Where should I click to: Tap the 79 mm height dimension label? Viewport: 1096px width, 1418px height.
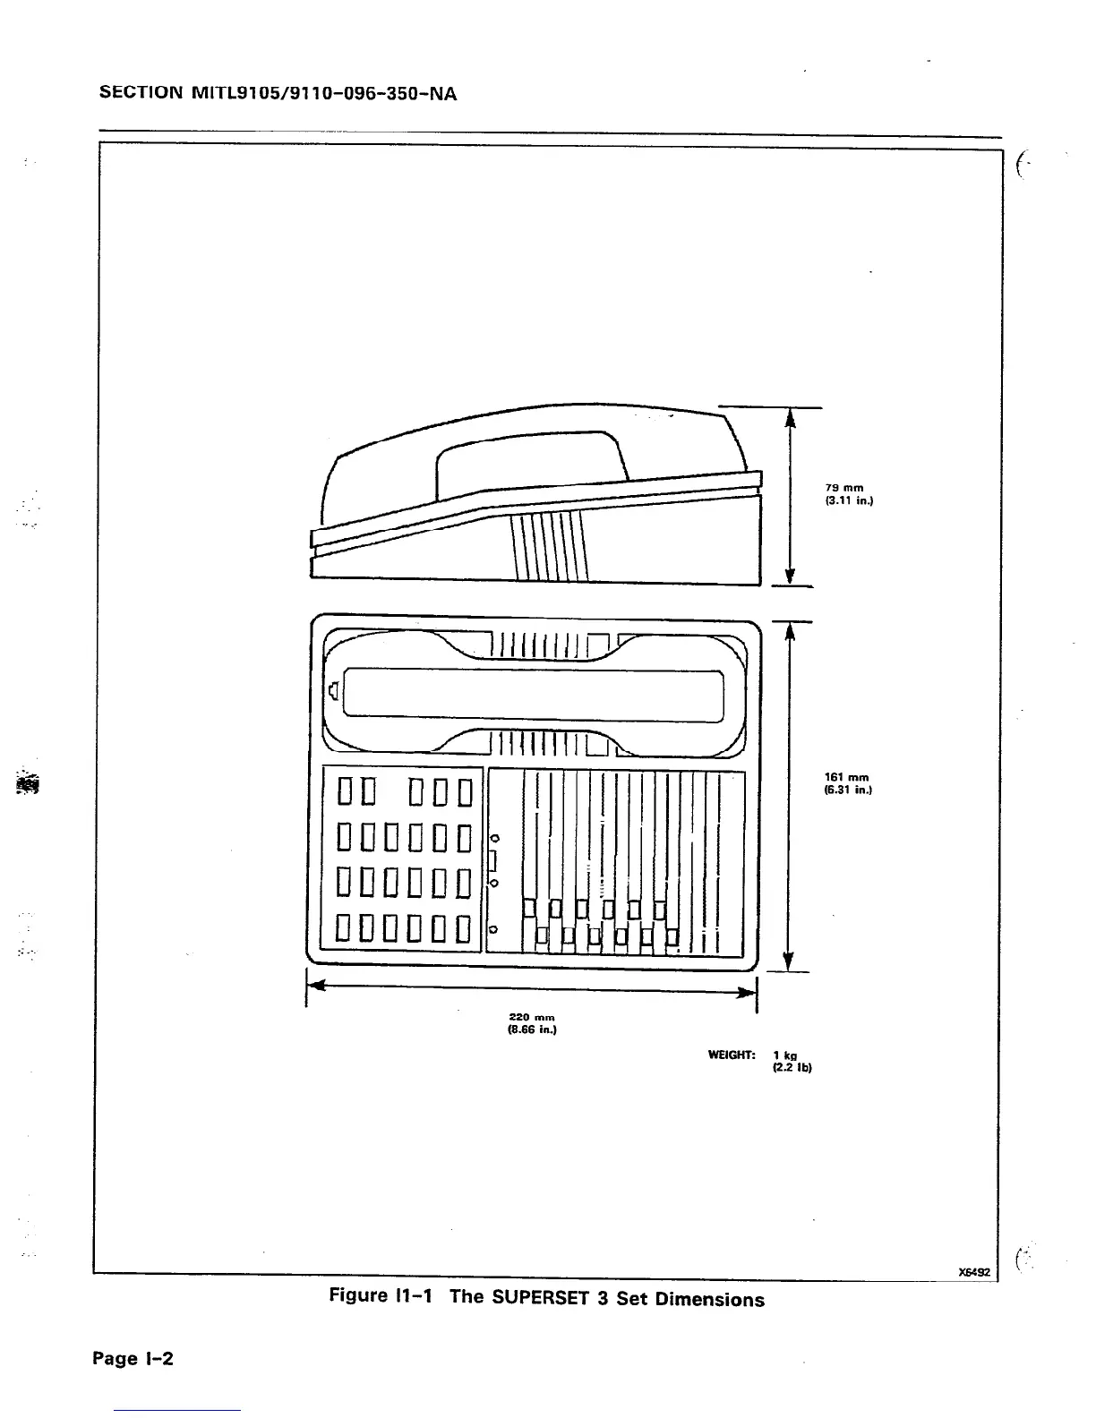(x=843, y=488)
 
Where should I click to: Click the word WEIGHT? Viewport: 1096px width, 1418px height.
(x=731, y=1055)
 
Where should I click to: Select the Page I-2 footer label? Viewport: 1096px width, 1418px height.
(x=133, y=1359)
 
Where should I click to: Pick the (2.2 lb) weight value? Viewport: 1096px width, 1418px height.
(x=792, y=1068)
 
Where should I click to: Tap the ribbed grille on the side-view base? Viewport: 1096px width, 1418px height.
(x=548, y=545)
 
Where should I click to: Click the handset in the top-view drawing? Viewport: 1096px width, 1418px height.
(x=535, y=695)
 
